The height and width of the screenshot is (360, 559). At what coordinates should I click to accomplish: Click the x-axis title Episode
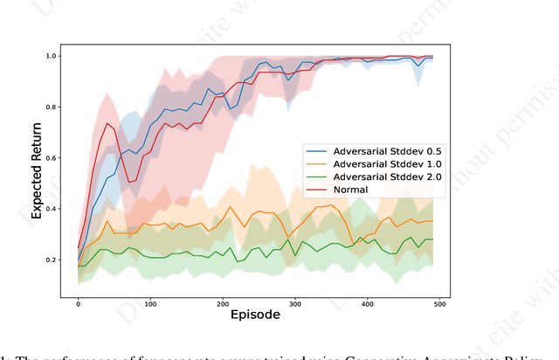[x=255, y=315]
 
